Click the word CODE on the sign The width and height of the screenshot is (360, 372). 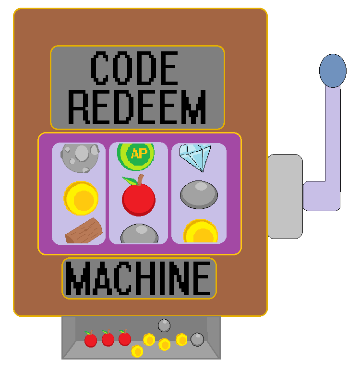pyautogui.click(x=134, y=68)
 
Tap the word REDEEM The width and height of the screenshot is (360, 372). pyautogui.click(x=137, y=107)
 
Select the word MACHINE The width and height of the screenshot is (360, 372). pyautogui.click(x=139, y=278)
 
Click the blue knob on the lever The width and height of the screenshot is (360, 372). pyautogui.click(x=333, y=71)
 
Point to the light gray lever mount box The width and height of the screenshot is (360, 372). pyautogui.click(x=285, y=196)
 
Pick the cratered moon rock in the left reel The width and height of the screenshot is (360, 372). pyautogui.click(x=80, y=157)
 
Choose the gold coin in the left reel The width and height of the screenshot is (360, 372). pyautogui.click(x=81, y=198)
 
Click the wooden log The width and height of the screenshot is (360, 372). pyautogui.click(x=84, y=231)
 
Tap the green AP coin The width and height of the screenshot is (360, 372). pyautogui.click(x=136, y=156)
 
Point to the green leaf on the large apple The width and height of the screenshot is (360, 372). pyautogui.click(x=130, y=180)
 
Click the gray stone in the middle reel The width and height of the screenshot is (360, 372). pyautogui.click(x=139, y=233)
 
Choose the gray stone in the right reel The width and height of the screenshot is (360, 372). pyautogui.click(x=199, y=195)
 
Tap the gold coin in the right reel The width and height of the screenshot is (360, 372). pyautogui.click(x=201, y=231)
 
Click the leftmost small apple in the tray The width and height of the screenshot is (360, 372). pyautogui.click(x=91, y=339)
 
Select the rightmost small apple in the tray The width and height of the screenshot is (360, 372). pyautogui.click(x=125, y=337)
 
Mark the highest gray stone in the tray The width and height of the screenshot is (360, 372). pyautogui.click(x=164, y=325)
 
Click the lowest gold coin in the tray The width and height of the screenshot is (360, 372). pyautogui.click(x=137, y=351)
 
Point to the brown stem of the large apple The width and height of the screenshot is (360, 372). pyautogui.click(x=140, y=180)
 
